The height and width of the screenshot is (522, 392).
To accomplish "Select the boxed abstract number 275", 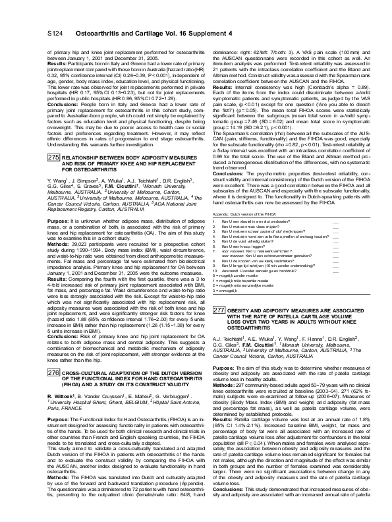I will (x=54, y=140).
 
